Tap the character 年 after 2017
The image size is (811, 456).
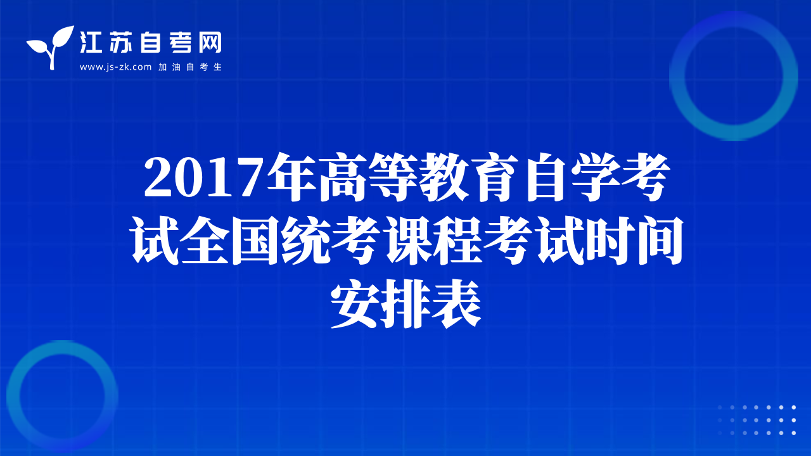coord(291,177)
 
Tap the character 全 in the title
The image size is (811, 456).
coord(205,240)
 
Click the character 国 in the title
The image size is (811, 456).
coord(255,240)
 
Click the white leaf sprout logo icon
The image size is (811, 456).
coord(51,47)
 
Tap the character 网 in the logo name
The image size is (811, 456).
coord(210,42)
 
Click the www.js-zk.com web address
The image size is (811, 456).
coord(115,67)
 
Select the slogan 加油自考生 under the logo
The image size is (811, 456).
coord(190,67)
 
